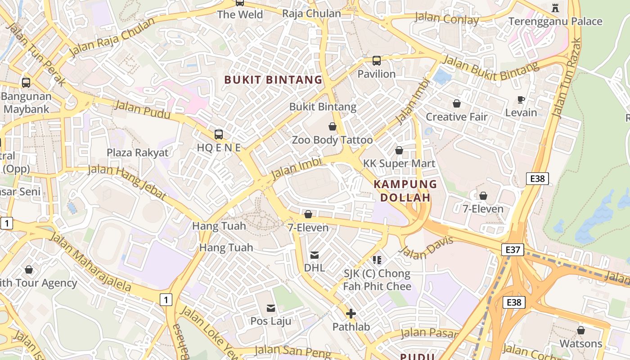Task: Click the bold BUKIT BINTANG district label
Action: [x=273, y=80]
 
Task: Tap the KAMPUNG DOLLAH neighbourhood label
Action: [x=405, y=191]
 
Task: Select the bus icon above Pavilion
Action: [x=377, y=60]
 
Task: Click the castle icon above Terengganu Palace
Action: [x=555, y=8]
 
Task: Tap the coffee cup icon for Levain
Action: [x=521, y=99]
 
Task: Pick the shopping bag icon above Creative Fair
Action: [x=457, y=103]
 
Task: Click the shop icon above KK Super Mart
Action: [x=399, y=150]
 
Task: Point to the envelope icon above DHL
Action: [x=315, y=255]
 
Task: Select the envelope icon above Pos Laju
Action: [x=271, y=308]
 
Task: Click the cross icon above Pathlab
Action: [x=351, y=314]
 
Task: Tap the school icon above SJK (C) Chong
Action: [x=377, y=260]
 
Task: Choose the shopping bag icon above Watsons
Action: [x=581, y=330]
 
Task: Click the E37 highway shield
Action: [x=513, y=249]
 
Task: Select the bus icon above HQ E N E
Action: [x=219, y=134]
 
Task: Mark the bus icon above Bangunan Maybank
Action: [x=26, y=83]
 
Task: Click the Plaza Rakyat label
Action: [x=137, y=153]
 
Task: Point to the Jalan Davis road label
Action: [x=426, y=248]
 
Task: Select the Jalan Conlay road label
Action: [x=446, y=19]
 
